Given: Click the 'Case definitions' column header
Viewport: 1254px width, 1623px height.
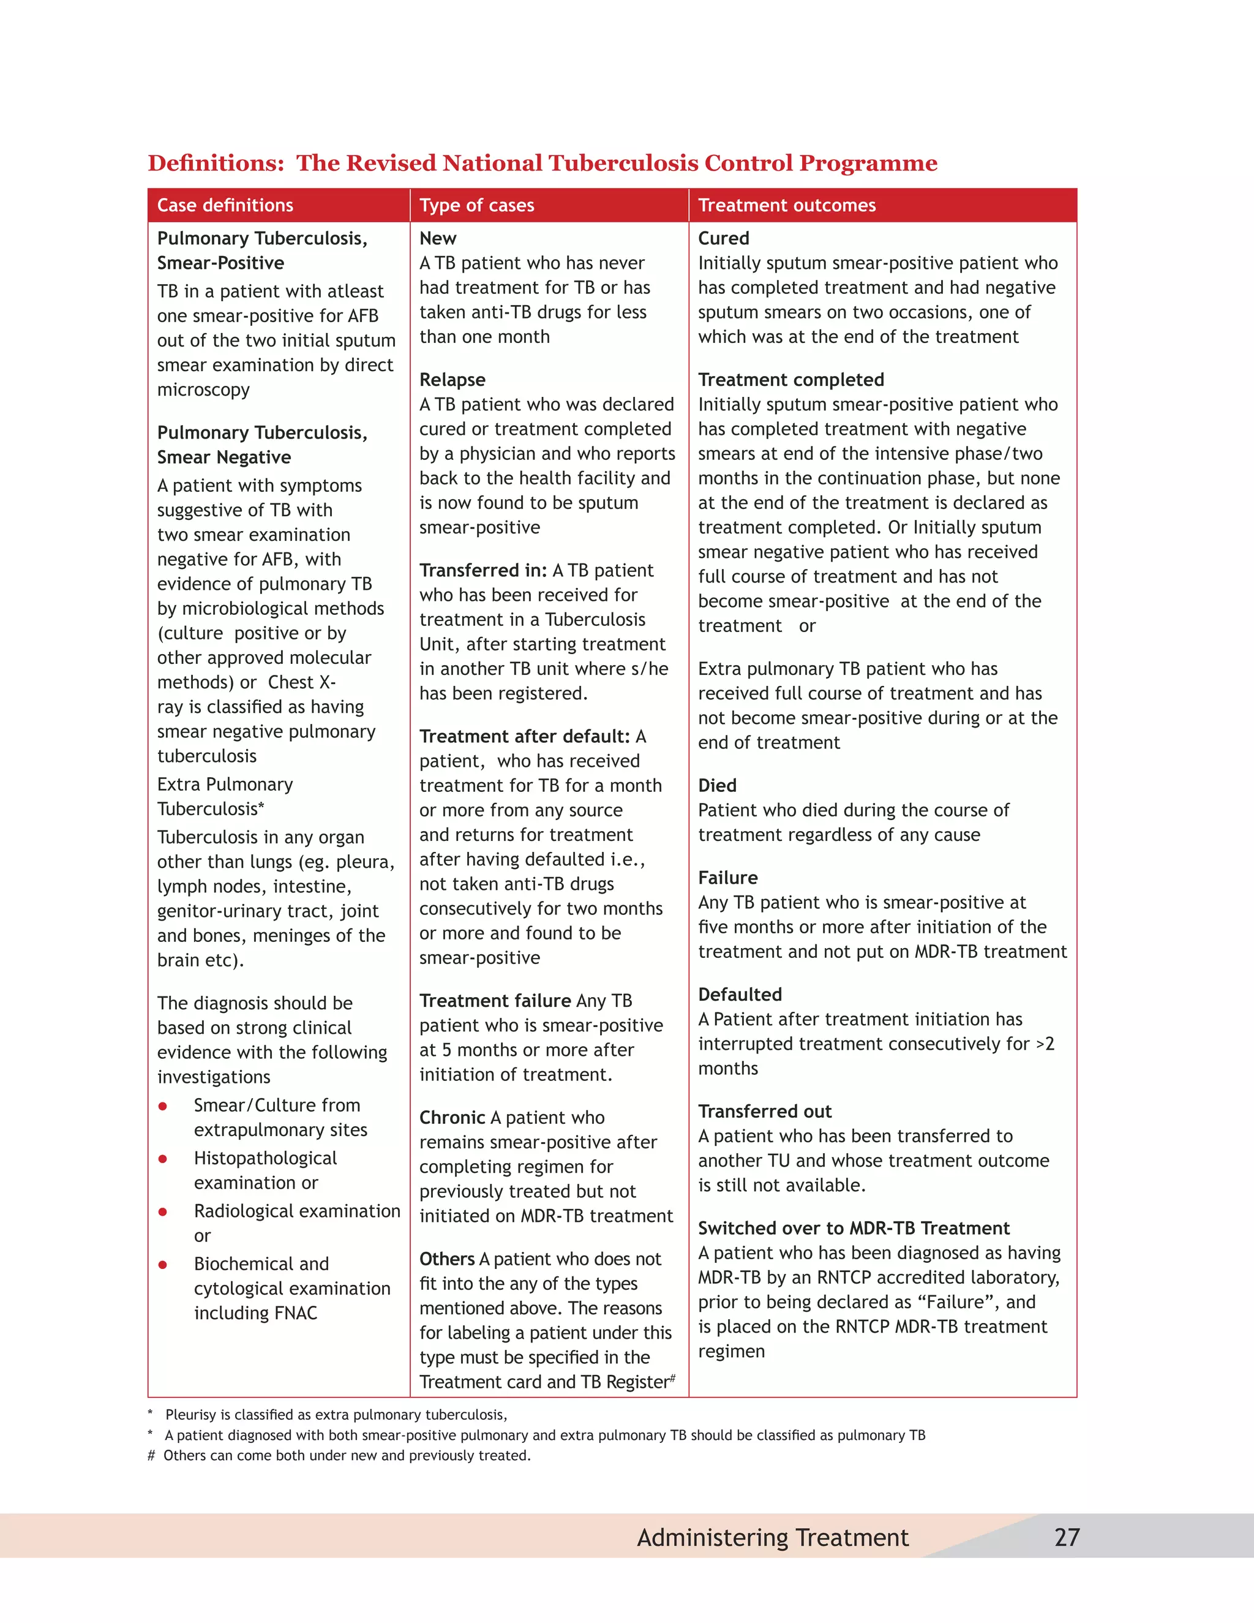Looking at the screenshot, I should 225,205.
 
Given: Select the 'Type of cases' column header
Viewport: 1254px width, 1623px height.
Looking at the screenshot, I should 476,205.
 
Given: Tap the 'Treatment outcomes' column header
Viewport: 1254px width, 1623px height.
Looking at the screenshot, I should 787,205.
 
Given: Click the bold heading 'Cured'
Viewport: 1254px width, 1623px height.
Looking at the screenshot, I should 723,238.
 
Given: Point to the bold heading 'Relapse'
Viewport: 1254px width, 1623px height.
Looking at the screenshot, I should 452,380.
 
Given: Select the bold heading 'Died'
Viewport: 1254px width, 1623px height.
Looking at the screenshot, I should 717,786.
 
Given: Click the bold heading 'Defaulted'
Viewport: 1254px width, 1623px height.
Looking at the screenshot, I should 739,994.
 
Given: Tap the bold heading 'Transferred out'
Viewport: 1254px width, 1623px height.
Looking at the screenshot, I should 764,1111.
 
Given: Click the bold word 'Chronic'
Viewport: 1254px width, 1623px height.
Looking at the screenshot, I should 452,1118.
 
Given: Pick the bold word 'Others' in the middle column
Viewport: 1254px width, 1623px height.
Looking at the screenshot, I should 446,1259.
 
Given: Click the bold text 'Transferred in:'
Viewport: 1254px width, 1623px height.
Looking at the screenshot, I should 483,570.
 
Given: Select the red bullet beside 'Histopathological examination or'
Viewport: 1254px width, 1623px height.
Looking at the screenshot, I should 163,1159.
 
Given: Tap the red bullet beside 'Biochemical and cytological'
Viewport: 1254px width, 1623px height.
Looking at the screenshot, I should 163,1264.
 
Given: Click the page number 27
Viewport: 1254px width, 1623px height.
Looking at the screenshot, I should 1067,1537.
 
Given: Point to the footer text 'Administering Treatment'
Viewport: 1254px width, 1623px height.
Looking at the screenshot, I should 772,1537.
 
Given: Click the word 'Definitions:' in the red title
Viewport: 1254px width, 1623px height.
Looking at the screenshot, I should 216,163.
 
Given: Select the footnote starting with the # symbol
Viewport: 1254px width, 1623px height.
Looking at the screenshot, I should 339,1455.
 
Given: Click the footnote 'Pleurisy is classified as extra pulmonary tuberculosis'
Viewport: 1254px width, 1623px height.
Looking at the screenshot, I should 336,1414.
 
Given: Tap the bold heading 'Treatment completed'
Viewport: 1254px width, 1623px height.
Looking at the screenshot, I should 790,380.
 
